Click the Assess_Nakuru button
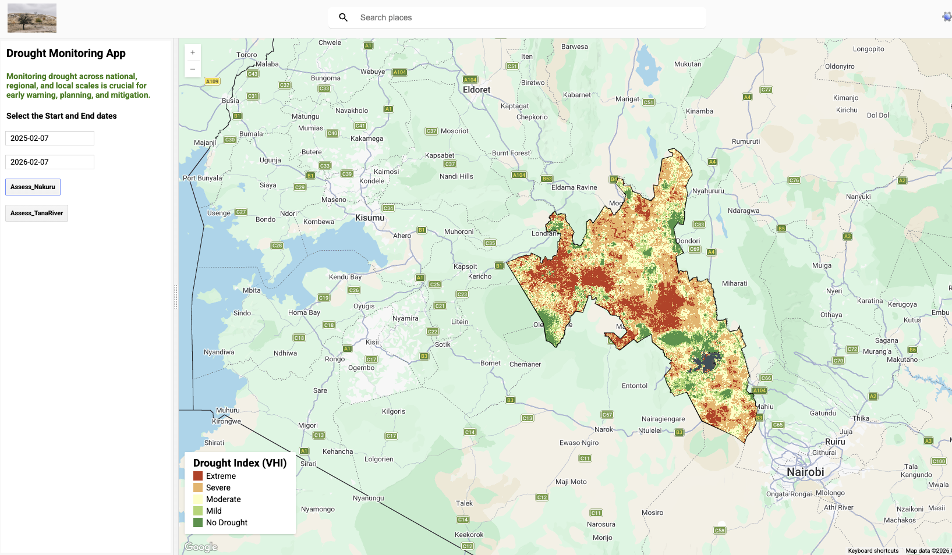tap(33, 187)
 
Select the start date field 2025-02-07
tap(49, 138)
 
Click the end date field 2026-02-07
tap(49, 162)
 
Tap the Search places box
tap(524, 17)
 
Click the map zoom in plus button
tap(193, 52)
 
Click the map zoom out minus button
tap(193, 69)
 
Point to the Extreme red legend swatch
tap(198, 476)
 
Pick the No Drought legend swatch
tap(198, 522)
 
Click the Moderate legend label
tap(223, 499)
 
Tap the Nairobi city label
tap(805, 472)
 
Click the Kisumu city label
tap(370, 218)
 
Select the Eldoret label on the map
tap(476, 90)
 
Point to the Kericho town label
tap(480, 276)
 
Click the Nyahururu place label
tap(708, 191)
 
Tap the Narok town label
tap(603, 429)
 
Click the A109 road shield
tap(212, 81)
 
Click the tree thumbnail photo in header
tap(32, 18)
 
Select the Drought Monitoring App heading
tap(66, 54)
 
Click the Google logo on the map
tap(201, 547)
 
